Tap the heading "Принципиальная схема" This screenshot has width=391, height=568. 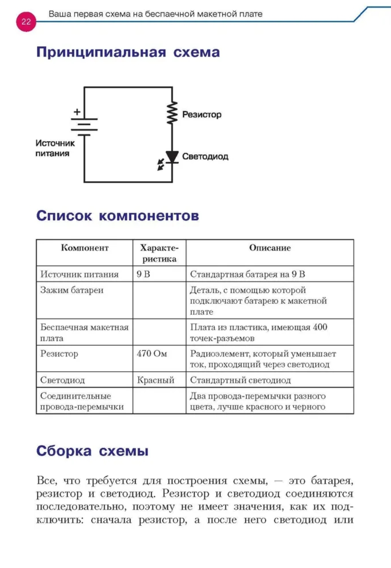[128, 52]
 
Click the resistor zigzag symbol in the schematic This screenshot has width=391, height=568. [172, 113]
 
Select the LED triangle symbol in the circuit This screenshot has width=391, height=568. [172, 157]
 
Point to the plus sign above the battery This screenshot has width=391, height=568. [77, 111]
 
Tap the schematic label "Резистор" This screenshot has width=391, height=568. [202, 114]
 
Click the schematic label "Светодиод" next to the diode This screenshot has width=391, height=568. [205, 157]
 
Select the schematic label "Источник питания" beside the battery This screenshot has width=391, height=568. [55, 148]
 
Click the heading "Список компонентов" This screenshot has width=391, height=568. [118, 216]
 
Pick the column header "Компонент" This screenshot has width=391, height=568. [85, 248]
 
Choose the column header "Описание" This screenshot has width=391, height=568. [270, 248]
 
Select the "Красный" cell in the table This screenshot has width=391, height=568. [155, 380]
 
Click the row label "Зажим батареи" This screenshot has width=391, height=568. [72, 290]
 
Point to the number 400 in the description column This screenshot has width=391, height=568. [320, 327]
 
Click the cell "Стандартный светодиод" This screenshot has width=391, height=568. [241, 380]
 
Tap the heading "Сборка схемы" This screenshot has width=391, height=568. [92, 451]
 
